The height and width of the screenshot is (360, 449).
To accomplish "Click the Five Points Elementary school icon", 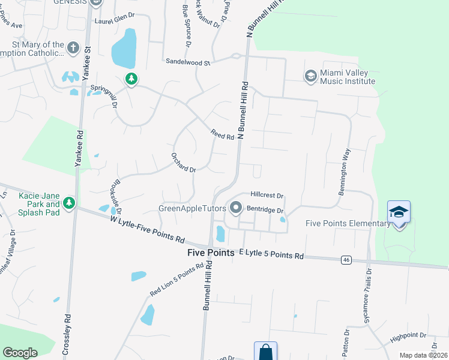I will [399, 212].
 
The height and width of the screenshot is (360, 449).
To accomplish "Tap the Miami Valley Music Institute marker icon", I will [310, 76].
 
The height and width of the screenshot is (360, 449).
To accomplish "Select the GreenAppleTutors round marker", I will [235, 208].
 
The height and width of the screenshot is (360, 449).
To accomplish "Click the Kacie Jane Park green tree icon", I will [70, 203].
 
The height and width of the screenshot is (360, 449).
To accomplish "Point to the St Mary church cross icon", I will [73, 48].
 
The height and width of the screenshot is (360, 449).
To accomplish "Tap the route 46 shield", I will [346, 260].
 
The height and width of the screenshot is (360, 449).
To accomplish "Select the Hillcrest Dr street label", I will [267, 196].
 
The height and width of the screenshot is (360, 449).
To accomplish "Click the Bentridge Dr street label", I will [265, 209].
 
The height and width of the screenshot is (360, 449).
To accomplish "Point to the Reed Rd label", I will [221, 135].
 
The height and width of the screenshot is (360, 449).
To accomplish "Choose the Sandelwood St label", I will [188, 62].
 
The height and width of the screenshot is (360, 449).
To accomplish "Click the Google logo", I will [20, 352].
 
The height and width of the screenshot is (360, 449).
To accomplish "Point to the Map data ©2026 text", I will [423, 355].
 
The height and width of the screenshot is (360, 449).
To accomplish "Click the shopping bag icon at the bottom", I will [265, 352].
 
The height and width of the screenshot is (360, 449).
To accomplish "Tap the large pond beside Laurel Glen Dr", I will [124, 49].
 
